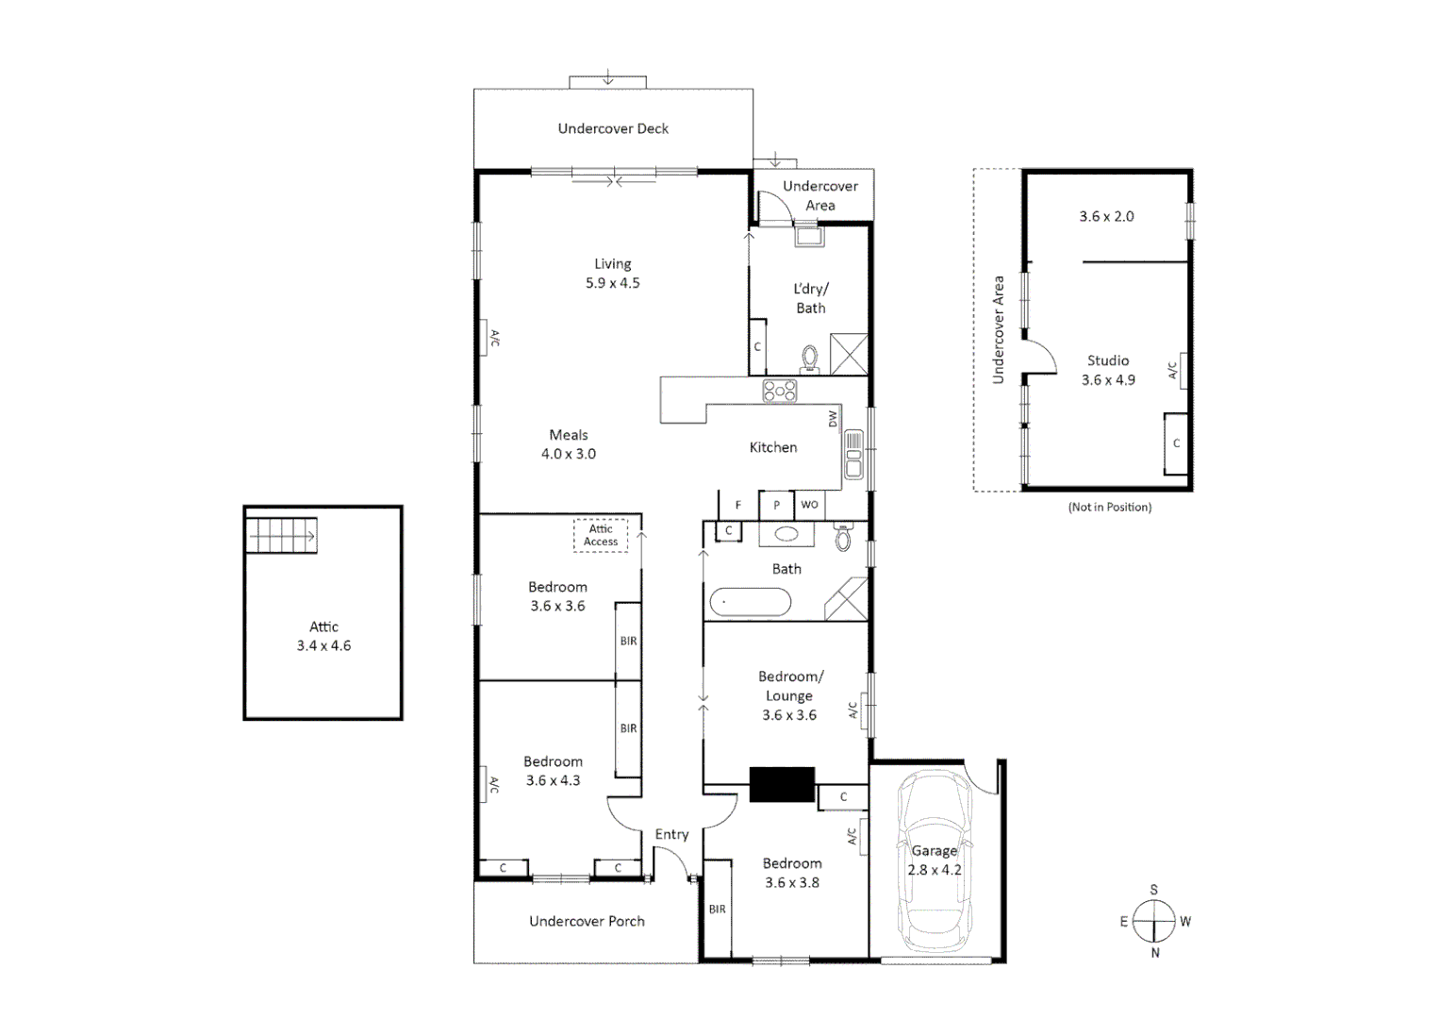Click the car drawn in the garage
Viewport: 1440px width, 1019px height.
coord(934,860)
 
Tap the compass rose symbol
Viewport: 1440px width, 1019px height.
coord(1153,921)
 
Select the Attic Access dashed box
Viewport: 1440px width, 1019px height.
coord(601,535)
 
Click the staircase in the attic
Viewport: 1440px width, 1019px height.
coord(281,536)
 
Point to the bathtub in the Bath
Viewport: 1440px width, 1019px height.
coord(751,603)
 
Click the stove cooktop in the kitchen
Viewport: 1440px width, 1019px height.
coord(780,391)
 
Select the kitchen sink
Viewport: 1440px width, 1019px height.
coord(853,455)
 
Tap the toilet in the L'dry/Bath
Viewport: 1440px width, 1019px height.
coord(809,359)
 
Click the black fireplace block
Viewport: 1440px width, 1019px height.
coord(782,784)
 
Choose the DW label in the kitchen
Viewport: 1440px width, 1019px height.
coord(833,419)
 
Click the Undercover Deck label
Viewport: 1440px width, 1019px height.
coord(613,128)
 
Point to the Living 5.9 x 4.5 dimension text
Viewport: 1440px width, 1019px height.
coord(612,283)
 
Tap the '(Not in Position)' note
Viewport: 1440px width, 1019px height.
coord(1110,507)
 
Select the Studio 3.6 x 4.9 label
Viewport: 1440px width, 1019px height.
coord(1108,370)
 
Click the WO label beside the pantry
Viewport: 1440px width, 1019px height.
coord(809,505)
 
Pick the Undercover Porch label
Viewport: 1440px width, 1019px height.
coord(587,921)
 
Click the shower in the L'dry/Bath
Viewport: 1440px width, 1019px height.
coord(849,355)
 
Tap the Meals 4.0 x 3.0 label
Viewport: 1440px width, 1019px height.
coord(568,444)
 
